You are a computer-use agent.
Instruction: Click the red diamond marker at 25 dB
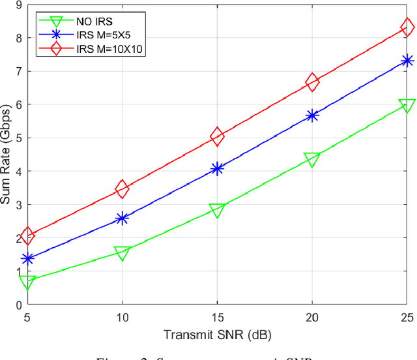408,27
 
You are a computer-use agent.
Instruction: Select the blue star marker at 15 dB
217,169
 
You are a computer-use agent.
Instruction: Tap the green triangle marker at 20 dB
312,159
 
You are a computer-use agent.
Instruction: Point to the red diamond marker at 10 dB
122,189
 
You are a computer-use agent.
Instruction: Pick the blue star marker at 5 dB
27,259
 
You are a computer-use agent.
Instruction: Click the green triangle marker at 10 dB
122,252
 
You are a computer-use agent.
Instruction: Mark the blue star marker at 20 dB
312,115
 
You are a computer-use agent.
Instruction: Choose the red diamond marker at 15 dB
217,136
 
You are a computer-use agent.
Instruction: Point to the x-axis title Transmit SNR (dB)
217,335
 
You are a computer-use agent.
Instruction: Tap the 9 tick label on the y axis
19,5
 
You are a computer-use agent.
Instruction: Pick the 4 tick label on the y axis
19,172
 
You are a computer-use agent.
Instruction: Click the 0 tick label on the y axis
19,305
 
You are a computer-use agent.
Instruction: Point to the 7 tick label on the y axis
19,72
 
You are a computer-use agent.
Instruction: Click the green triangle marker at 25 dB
408,106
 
